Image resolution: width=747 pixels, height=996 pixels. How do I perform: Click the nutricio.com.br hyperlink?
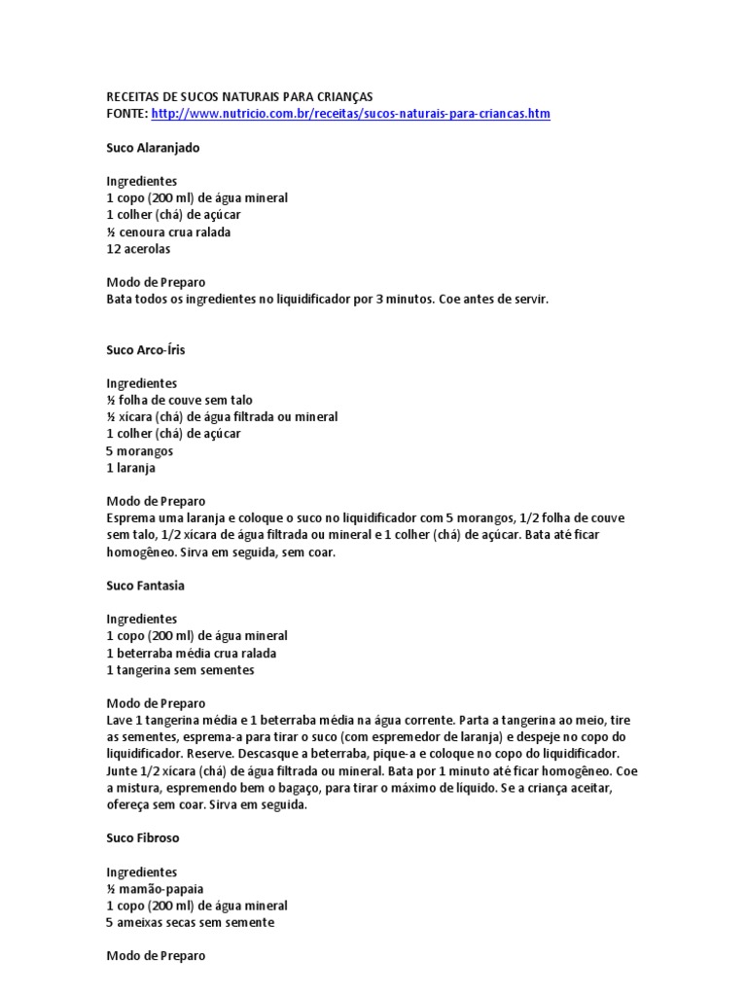click(351, 114)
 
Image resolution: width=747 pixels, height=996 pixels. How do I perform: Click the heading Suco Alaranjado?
click(153, 147)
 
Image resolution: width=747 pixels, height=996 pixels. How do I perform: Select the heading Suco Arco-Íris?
click(145, 348)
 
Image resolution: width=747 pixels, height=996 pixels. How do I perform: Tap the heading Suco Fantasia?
click(145, 586)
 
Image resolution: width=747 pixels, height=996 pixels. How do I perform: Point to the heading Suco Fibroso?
click(143, 836)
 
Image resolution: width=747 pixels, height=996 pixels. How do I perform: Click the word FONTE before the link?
click(126, 114)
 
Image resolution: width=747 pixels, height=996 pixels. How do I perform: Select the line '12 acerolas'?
click(138, 248)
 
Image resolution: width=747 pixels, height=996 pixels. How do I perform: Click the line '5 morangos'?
click(140, 451)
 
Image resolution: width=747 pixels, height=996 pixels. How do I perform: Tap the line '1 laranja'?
click(131, 468)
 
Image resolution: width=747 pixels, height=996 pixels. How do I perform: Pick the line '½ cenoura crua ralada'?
click(168, 231)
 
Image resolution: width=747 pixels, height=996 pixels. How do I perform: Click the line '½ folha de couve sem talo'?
click(180, 400)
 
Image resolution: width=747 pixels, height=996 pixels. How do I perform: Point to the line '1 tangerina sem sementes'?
click(180, 670)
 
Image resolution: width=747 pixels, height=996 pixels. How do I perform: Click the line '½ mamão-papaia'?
click(155, 888)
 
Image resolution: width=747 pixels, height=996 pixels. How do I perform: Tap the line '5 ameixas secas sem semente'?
click(190, 922)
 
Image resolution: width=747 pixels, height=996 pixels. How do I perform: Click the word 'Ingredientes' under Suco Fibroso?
click(141, 871)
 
